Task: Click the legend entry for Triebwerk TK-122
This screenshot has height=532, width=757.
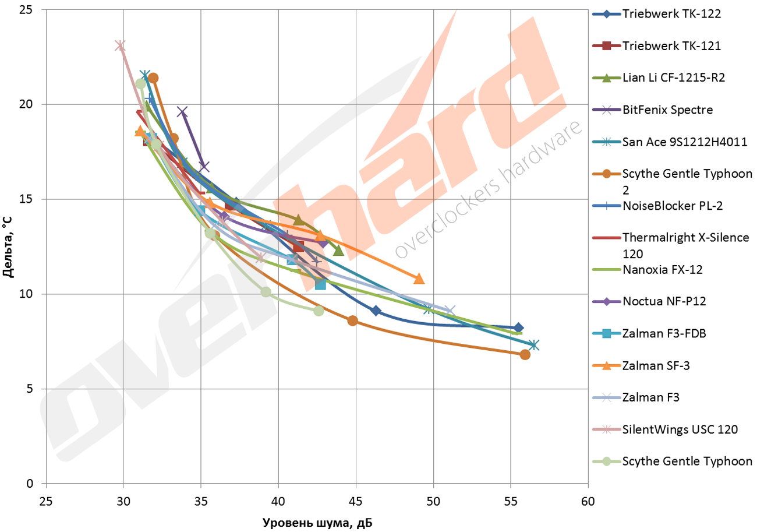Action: point(671,14)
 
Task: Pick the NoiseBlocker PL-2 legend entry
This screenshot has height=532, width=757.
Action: point(674,206)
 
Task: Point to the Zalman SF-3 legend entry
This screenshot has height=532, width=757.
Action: point(659,365)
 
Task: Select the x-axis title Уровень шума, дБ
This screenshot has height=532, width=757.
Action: point(317,523)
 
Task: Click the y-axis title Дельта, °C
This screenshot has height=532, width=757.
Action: point(8,246)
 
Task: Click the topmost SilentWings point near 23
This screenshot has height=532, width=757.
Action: point(120,45)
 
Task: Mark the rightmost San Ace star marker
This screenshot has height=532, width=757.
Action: point(533,345)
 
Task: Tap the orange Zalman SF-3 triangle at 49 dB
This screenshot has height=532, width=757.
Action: point(419,279)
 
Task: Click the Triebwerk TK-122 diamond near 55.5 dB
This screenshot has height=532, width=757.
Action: point(518,328)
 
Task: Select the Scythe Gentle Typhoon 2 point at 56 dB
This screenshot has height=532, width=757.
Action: point(525,354)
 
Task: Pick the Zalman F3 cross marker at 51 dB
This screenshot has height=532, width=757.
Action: point(449,311)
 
